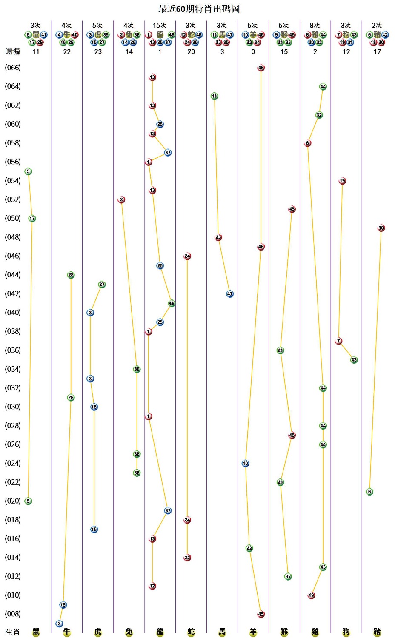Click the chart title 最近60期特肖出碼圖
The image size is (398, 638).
[199, 9]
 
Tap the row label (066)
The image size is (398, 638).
[13, 68]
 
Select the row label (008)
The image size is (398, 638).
[13, 614]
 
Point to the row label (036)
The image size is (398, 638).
[13, 350]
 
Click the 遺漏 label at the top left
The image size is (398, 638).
[13, 52]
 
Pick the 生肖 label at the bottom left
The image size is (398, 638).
[13, 632]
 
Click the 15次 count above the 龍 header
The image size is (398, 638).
[160, 26]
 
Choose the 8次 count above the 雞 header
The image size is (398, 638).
[315, 26]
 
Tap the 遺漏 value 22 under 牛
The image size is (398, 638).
[67, 52]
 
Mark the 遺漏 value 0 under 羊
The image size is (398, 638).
[253, 52]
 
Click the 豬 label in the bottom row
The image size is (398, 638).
[377, 632]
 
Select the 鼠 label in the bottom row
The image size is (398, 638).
[36, 632]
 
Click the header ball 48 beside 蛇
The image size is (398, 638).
[199, 35]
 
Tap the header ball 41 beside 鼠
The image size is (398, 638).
[44, 35]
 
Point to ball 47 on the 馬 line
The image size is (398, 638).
[230, 294]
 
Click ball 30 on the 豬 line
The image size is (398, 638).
[381, 228]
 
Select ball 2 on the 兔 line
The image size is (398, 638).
[121, 199]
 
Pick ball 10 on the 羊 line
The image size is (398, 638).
[245, 463]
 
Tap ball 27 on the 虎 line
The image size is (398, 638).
[102, 285]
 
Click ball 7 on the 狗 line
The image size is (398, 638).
[338, 341]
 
